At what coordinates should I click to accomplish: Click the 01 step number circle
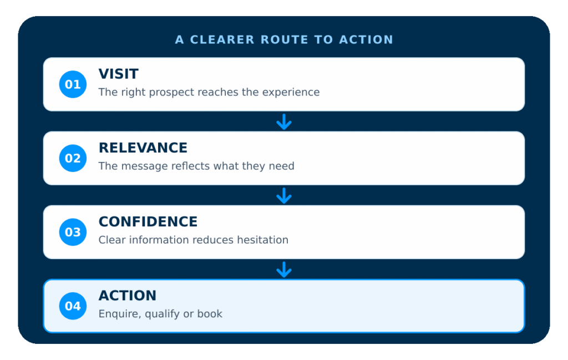[73, 84]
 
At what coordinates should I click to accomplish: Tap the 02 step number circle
[73, 158]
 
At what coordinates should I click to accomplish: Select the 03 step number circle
[73, 232]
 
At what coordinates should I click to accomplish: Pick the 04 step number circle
[73, 306]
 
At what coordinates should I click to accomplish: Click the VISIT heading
[119, 74]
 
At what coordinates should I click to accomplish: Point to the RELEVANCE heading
[143, 148]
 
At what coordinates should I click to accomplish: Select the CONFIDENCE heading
[148, 222]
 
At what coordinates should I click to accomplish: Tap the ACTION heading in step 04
[128, 296]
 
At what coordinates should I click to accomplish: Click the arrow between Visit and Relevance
[284, 121]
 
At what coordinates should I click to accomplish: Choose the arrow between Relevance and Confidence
[284, 196]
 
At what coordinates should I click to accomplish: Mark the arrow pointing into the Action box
[284, 270]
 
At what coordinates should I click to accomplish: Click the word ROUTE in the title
[285, 39]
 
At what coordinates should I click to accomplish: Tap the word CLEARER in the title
[222, 39]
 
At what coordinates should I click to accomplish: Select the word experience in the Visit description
[291, 92]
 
